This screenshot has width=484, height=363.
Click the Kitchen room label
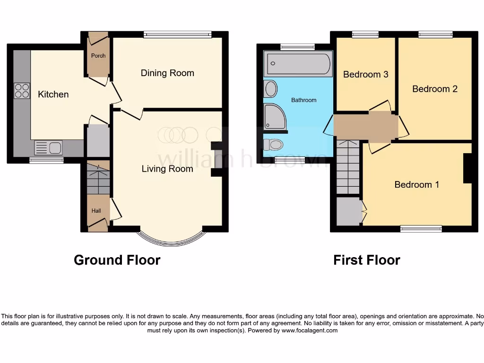(x=53, y=95)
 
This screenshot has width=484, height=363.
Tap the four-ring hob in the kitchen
(x=22, y=90)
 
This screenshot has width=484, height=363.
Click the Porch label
(x=98, y=56)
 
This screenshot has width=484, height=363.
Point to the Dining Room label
(x=167, y=73)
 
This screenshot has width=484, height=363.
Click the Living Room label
(x=167, y=169)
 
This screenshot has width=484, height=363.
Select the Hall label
(x=96, y=211)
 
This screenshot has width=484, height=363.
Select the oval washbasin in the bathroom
(x=271, y=89)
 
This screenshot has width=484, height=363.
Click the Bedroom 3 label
(x=365, y=74)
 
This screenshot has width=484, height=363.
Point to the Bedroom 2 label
(x=435, y=89)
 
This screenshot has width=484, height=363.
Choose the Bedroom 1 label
(x=416, y=184)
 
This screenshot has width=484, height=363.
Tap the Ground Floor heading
(x=117, y=260)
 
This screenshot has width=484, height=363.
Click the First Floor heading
(x=366, y=260)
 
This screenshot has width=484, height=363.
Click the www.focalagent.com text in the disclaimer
(x=310, y=331)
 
